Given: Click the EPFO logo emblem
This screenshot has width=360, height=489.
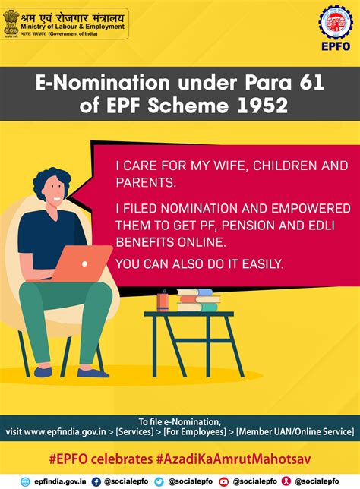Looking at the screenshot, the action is pyautogui.click(x=336, y=23).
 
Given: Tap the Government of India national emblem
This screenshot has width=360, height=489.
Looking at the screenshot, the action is pyautogui.click(x=11, y=23).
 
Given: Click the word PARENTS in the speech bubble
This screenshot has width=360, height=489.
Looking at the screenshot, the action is pyautogui.click(x=146, y=182).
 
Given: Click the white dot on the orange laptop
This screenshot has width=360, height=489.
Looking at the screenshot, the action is pyautogui.click(x=84, y=263).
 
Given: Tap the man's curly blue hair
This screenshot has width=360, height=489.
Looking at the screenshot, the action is pyautogui.click(x=50, y=181).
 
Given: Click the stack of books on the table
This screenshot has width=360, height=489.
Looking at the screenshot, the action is pyautogui.click(x=198, y=300).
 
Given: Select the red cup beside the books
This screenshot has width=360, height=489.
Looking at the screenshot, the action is pyautogui.click(x=163, y=301).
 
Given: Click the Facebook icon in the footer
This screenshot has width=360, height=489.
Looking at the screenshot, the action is pyautogui.click(x=96, y=482).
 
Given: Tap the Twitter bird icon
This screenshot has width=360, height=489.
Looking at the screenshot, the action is pyautogui.click(x=159, y=482).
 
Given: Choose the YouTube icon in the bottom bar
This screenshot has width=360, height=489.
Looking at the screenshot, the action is pyautogui.click(x=224, y=482).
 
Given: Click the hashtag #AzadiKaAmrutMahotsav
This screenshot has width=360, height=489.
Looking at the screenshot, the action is pyautogui.click(x=233, y=459).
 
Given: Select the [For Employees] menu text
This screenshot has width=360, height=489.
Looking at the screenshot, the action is pyautogui.click(x=194, y=432).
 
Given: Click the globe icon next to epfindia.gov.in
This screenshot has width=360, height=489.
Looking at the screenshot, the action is pyautogui.click(x=25, y=482).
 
